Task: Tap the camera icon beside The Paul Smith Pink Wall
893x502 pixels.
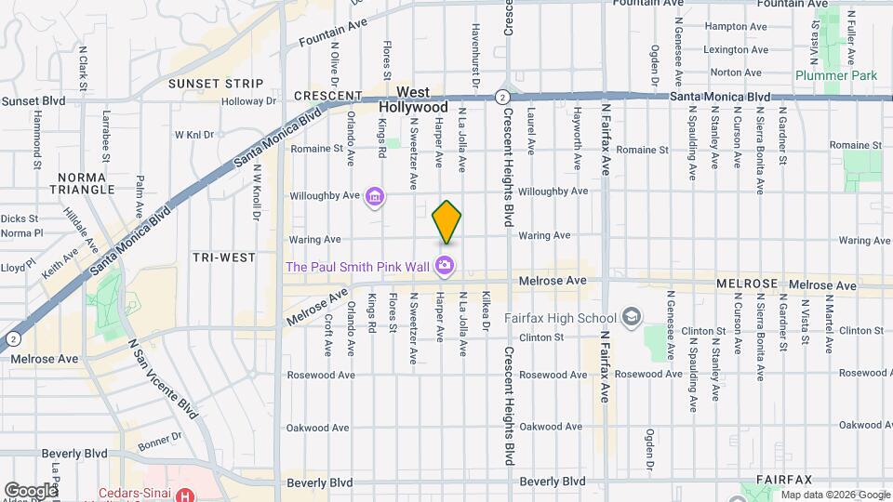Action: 445,267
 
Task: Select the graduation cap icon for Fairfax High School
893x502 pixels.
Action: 632,318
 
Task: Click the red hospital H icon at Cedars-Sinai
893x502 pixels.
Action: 186,495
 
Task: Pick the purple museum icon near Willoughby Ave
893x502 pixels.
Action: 374,196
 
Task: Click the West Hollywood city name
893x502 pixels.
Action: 413,100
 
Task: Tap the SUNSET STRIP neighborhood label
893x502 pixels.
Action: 209,84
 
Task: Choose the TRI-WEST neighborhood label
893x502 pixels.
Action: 223,258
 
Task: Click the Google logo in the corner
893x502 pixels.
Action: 31,490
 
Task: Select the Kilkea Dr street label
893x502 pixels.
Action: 486,311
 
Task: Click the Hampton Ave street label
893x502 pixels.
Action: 734,27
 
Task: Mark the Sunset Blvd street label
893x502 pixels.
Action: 33,100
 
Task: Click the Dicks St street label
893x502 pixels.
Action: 20,219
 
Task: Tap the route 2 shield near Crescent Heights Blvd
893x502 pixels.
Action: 501,96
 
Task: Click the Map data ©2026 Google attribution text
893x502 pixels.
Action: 835,495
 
